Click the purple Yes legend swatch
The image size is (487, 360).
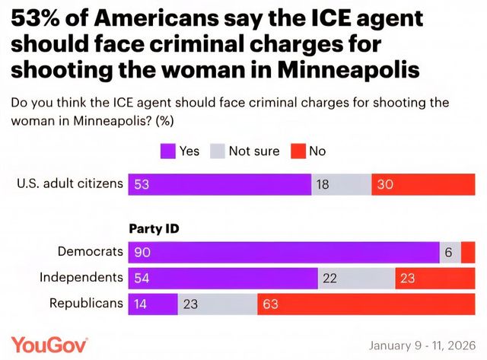click(x=167, y=151)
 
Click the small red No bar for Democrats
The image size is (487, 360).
click(x=468, y=252)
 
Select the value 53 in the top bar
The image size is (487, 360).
click(x=141, y=185)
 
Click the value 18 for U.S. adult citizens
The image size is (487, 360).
click(x=323, y=185)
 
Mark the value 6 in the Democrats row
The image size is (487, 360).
click(x=448, y=252)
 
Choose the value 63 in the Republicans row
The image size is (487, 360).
click(x=272, y=303)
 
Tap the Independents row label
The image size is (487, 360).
click(x=81, y=277)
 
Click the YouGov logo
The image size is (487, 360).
click(x=49, y=344)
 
